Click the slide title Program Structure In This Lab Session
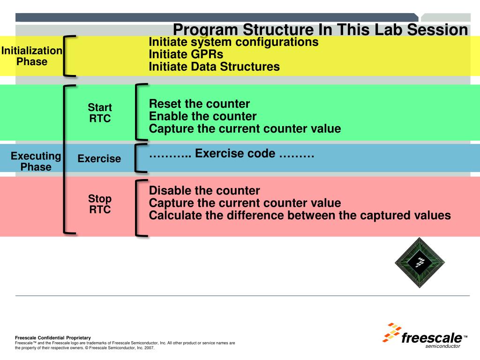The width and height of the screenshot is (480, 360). pyautogui.click(x=320, y=30)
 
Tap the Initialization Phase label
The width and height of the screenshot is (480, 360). pyautogui.click(x=32, y=56)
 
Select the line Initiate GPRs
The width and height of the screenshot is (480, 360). pyautogui.click(x=186, y=54)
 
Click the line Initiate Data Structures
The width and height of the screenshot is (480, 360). pyautogui.click(x=214, y=67)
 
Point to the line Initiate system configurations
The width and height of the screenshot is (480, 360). pyautogui.click(x=233, y=42)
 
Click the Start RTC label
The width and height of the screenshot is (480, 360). pyautogui.click(x=100, y=113)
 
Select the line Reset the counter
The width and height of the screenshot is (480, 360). pyautogui.click(x=199, y=104)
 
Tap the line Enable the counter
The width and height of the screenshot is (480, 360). pyautogui.click(x=202, y=116)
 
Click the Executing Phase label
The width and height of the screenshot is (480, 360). pyautogui.click(x=36, y=161)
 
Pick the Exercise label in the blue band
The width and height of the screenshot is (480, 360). pyautogui.click(x=99, y=159)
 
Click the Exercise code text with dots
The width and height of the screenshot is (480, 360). pyautogui.click(x=231, y=154)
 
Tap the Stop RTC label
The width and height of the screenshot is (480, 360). pyautogui.click(x=100, y=204)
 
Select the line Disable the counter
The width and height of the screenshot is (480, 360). pyautogui.click(x=204, y=191)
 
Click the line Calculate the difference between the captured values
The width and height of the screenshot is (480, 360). pyautogui.click(x=300, y=216)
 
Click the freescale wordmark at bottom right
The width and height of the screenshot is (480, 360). pyautogui.click(x=432, y=338)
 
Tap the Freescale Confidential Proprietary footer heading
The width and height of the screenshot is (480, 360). pyautogui.click(x=53, y=337)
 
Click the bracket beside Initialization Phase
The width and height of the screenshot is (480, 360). pyautogui.click(x=69, y=55)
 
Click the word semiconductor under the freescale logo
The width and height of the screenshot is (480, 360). pyautogui.click(x=443, y=346)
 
